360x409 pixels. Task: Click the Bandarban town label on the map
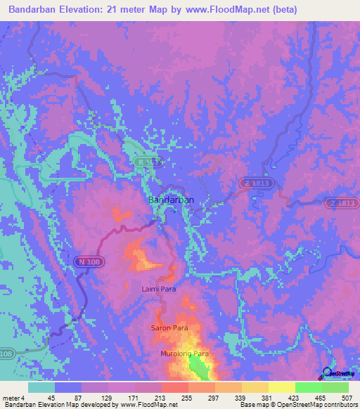point(171,200)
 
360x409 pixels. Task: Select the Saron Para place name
point(169,328)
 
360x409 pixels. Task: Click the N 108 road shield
point(84,261)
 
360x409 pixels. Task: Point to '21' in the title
point(131,10)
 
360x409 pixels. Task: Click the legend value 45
point(51,398)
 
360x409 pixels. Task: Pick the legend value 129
point(106,398)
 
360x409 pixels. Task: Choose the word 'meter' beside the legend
point(9,398)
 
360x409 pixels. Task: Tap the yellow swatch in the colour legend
point(281,387)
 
